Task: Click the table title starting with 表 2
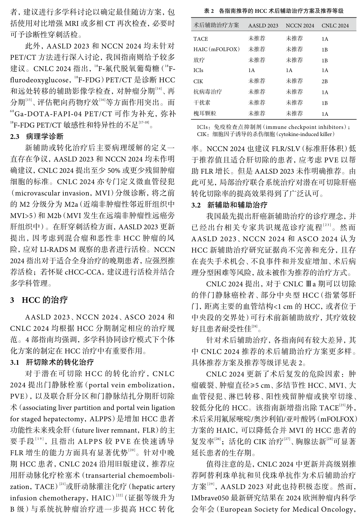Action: pos(274,11)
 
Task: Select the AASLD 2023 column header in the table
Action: pos(263,26)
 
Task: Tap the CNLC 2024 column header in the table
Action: pos(335,26)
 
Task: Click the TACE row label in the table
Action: pos(201,39)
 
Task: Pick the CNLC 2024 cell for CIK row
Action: pos(325,82)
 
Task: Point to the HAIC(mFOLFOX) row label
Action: pos(217,50)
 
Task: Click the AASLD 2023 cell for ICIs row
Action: pos(251,70)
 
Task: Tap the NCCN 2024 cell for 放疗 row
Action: pos(294,60)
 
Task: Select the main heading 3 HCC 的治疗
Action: pos(39,300)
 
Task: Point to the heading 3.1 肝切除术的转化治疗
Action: pos(52,362)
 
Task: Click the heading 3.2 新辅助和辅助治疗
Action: pos(229,205)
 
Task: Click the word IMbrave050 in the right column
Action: pos(210,498)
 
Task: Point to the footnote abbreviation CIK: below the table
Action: pos(203,134)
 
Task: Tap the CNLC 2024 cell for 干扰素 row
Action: pos(325,103)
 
